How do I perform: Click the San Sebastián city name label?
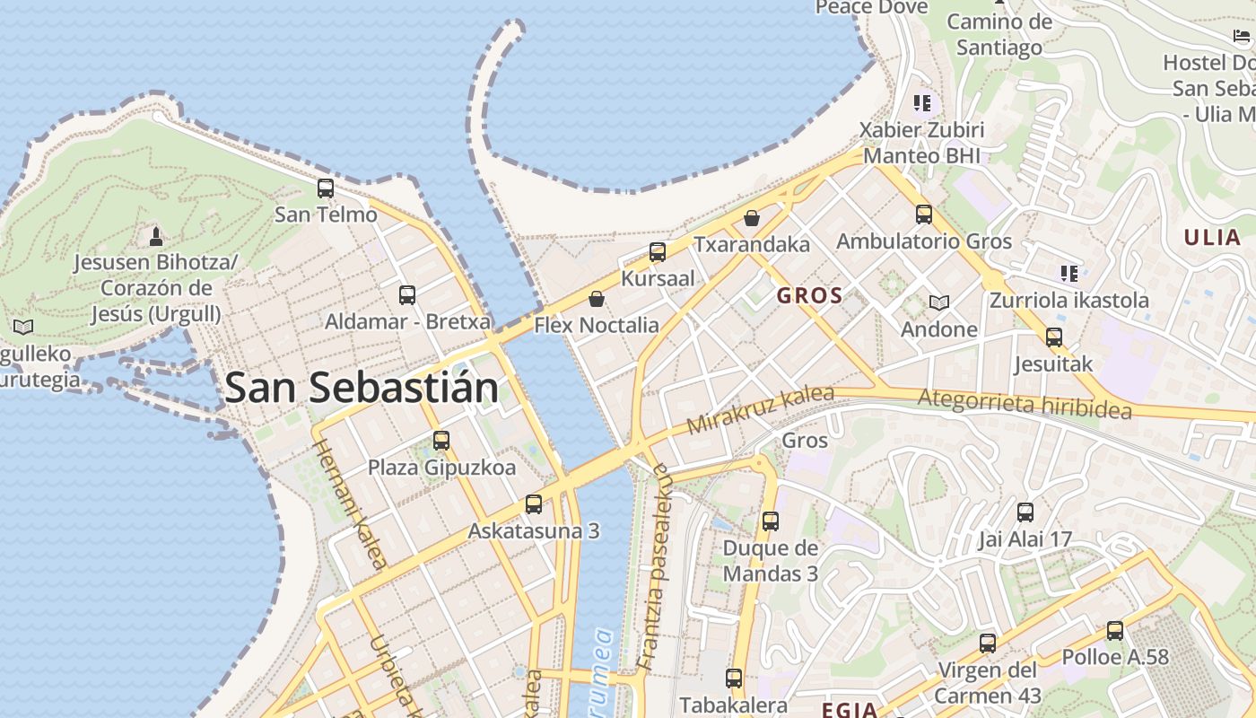click(362, 388)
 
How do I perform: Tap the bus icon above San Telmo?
click(326, 188)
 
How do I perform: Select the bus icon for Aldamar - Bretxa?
click(407, 294)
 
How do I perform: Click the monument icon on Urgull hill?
click(156, 236)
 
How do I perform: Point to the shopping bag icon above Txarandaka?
click(752, 218)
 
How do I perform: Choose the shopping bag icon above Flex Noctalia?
click(597, 299)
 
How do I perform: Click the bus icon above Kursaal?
click(658, 252)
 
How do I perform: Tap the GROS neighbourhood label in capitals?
click(809, 295)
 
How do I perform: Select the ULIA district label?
click(1212, 238)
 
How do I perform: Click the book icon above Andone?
click(939, 302)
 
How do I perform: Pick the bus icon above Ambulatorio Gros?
click(924, 215)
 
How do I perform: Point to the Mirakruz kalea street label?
click(761, 410)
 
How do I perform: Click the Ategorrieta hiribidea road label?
click(1025, 403)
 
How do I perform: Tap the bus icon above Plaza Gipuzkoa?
click(441, 441)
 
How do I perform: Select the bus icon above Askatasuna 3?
click(534, 503)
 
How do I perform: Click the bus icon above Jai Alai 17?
click(1025, 512)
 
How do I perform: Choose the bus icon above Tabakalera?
click(734, 679)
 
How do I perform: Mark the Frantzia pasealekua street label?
click(652, 567)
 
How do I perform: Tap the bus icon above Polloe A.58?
click(1115, 630)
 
